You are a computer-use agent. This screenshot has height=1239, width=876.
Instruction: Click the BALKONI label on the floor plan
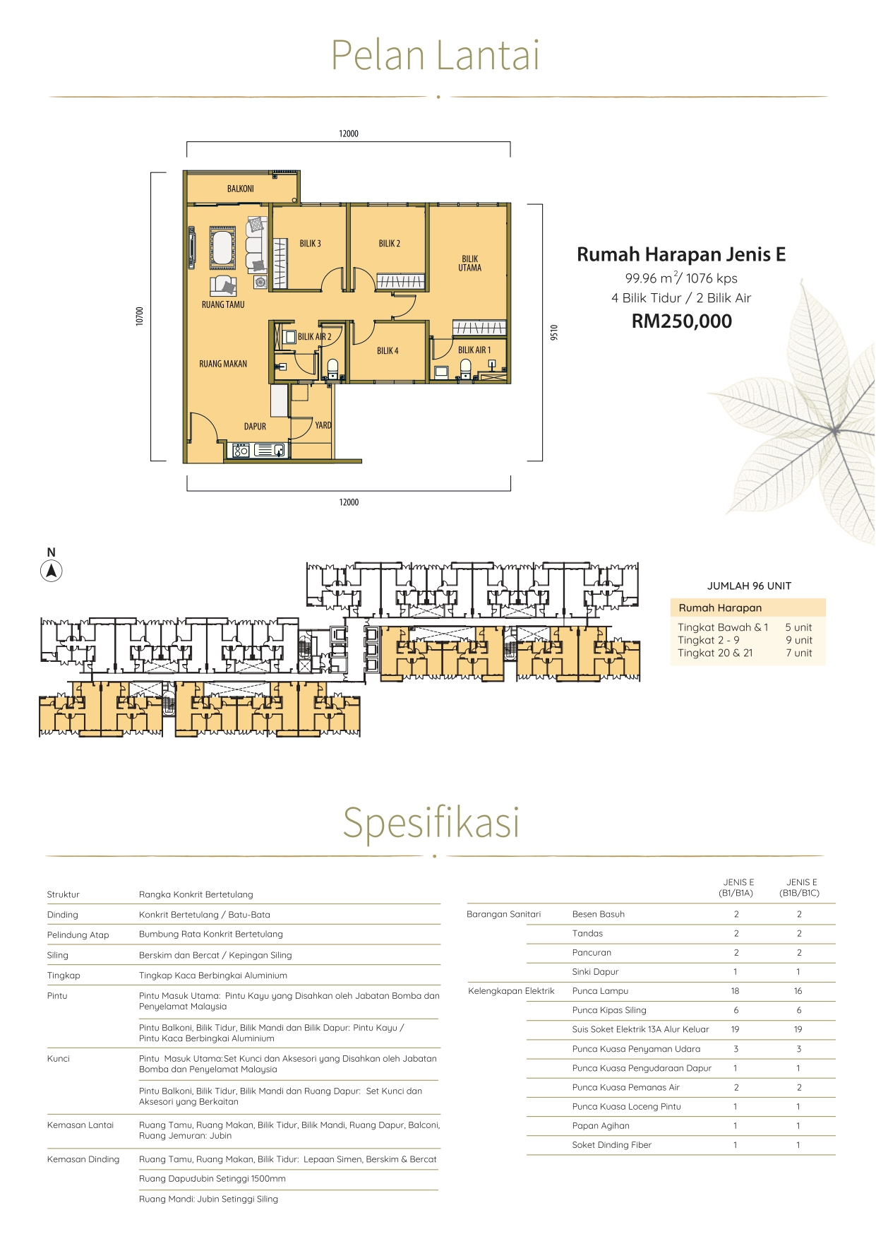tap(241, 189)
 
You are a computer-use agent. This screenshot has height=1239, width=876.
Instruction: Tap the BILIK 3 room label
tap(310, 244)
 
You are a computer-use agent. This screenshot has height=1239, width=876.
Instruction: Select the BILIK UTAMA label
tap(470, 263)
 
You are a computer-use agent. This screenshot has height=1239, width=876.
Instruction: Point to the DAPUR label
tap(255, 427)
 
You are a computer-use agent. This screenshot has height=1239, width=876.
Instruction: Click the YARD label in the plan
tap(323, 425)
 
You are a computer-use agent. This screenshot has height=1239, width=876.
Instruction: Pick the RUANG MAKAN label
tap(223, 364)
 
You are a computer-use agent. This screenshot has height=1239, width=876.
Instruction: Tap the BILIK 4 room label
tap(388, 351)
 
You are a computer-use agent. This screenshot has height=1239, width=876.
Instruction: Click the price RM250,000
tap(682, 321)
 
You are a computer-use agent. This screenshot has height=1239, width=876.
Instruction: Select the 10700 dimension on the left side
tap(140, 316)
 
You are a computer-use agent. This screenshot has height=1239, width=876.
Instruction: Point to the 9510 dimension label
tap(554, 332)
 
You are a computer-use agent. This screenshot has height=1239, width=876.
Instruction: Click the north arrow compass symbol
tap(51, 571)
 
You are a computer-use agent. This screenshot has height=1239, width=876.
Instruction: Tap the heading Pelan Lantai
tap(436, 55)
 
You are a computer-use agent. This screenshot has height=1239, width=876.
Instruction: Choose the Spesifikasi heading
tap(431, 822)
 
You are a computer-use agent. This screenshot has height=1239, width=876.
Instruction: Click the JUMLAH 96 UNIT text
tap(749, 586)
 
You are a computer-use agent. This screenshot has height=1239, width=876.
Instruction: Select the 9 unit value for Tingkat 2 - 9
tap(799, 640)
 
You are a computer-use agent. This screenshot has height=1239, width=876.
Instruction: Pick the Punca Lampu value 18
tap(736, 991)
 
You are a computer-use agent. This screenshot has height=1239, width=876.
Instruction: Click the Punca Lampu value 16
tap(798, 991)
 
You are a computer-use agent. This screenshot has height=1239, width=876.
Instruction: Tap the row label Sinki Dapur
tap(595, 972)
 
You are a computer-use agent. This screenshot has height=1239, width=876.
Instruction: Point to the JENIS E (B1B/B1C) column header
tap(800, 887)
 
